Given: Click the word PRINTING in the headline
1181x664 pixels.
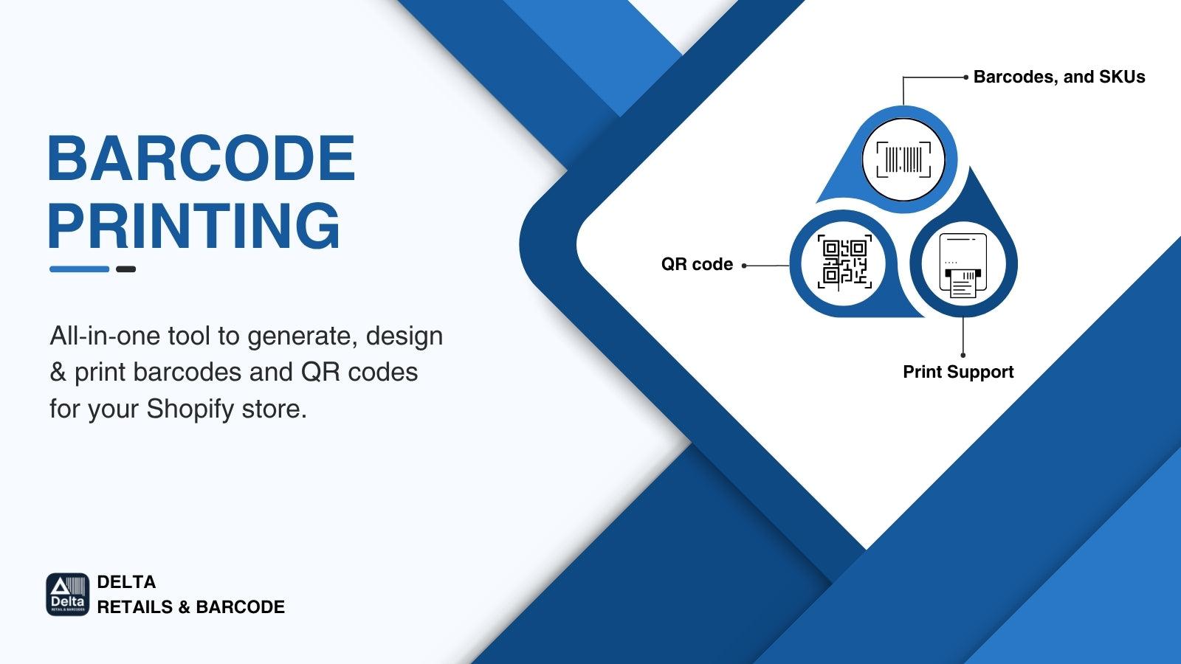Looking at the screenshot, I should [194, 225].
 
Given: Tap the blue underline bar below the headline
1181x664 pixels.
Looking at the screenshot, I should [79, 269].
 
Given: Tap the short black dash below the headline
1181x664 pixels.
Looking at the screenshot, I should [125, 269].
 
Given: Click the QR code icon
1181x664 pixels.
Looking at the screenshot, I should [844, 263].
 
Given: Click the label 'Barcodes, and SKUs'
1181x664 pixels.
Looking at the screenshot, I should [1058, 77].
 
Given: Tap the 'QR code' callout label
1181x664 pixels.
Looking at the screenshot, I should [697, 264].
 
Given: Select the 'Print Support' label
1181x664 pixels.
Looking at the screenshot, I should [958, 372].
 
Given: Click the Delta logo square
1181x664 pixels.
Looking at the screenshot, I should [67, 595].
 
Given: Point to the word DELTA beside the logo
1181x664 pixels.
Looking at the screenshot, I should [126, 582].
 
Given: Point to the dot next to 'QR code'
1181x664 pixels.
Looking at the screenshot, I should [744, 266].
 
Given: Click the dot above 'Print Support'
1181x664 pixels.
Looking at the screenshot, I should [963, 355].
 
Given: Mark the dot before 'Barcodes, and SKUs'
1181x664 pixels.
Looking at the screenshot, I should [965, 77].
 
